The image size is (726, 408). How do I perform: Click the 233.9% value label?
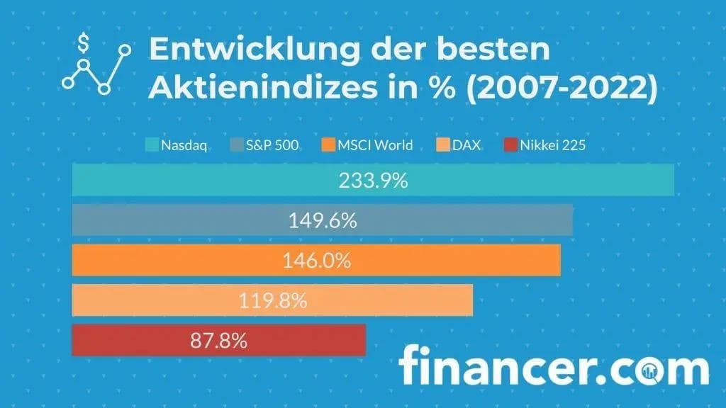(x=373, y=181)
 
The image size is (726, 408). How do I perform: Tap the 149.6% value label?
(x=322, y=221)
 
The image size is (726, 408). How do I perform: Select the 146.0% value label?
(x=317, y=261)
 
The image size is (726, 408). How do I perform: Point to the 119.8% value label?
(x=272, y=301)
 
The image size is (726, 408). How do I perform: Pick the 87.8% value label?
(x=218, y=341)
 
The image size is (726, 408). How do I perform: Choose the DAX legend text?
(x=468, y=147)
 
